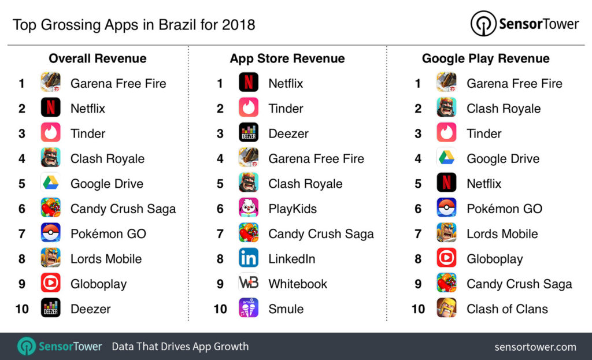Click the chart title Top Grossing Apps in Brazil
[x=134, y=25]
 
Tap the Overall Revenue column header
[x=97, y=58]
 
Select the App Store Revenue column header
[x=287, y=58]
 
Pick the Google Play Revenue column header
[x=486, y=58]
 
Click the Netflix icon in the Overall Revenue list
[x=51, y=108]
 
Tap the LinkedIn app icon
[x=249, y=258]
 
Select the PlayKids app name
[x=293, y=209]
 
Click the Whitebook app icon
[x=249, y=284]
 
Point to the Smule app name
[x=286, y=309]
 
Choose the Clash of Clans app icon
[x=446, y=309]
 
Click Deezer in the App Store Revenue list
[x=288, y=133]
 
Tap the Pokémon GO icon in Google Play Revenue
[x=446, y=209]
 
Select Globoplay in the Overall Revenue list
[x=98, y=284]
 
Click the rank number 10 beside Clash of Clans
[x=418, y=309]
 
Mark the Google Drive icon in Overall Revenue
[x=51, y=183]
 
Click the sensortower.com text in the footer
[x=535, y=347]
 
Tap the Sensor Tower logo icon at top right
[x=483, y=24]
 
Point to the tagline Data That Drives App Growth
[x=180, y=347]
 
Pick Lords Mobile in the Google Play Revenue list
[x=502, y=233]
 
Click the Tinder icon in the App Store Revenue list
[x=249, y=108]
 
